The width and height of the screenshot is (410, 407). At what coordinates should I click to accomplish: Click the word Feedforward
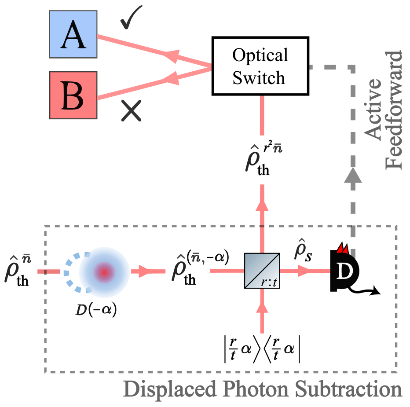394,110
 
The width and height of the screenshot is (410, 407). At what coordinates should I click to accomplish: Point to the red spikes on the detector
342,248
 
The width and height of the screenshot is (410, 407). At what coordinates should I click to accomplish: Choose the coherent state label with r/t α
262,348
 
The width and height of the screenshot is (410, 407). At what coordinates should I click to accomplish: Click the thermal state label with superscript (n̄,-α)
194,269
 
